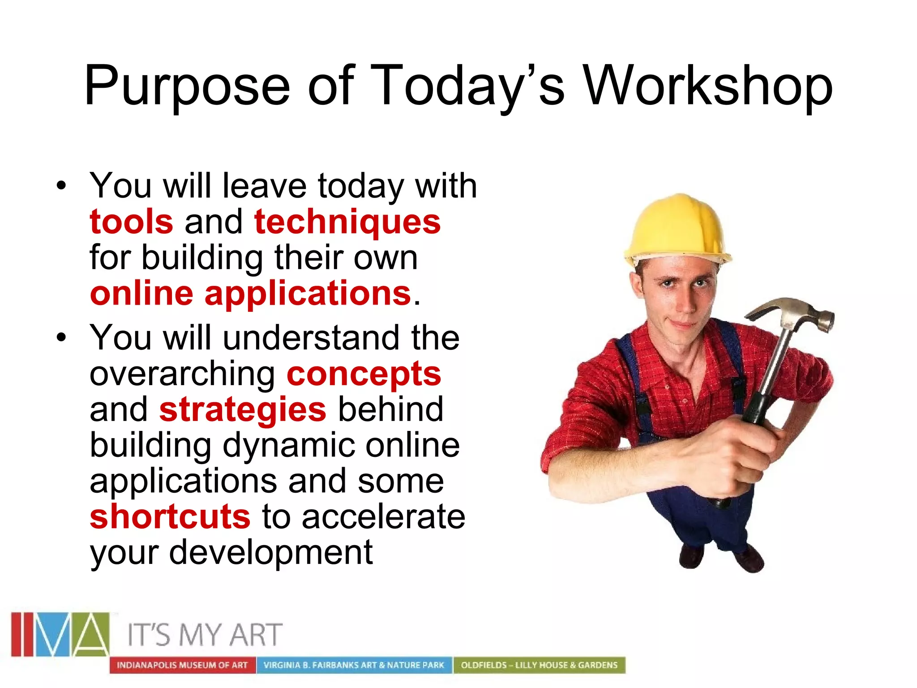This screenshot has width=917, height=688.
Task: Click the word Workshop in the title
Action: pos(707,86)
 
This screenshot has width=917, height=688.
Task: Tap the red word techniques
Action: pos(347,223)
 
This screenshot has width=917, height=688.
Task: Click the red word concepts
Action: pos(364,374)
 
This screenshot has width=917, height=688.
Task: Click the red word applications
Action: pos(308,294)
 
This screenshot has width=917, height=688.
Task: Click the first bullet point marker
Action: pos(61,185)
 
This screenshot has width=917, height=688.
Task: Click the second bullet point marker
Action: pos(61,337)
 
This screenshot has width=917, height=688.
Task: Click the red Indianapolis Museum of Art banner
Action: pos(182,665)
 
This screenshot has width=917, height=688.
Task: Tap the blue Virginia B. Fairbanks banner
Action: pos(354,665)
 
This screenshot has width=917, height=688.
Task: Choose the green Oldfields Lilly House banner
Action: pos(539,665)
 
